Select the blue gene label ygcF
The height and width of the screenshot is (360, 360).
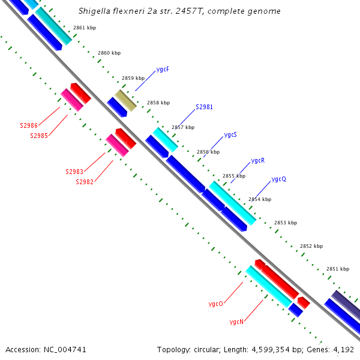(x=163, y=70)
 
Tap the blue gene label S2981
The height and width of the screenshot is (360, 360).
(x=205, y=107)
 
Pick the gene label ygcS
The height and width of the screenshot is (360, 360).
(x=230, y=134)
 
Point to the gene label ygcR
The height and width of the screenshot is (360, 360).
(x=258, y=161)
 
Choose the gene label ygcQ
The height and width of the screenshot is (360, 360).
(x=279, y=179)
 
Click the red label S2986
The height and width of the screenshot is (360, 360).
(x=29, y=126)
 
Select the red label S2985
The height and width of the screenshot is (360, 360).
(x=39, y=136)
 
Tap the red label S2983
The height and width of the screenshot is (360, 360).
(x=74, y=172)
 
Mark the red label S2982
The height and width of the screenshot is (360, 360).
(x=85, y=182)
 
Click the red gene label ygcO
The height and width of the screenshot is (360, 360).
(x=216, y=304)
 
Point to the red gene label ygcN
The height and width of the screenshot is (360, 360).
(x=236, y=322)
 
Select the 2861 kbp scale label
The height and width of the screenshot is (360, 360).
(x=84, y=28)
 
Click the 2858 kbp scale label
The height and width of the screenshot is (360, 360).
(x=158, y=103)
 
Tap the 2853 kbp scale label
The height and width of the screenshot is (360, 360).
(x=286, y=223)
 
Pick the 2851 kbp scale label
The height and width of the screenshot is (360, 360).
(x=338, y=269)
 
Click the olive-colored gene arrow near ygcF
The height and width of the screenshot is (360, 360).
(x=126, y=100)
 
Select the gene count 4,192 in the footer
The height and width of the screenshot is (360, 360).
(x=344, y=349)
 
